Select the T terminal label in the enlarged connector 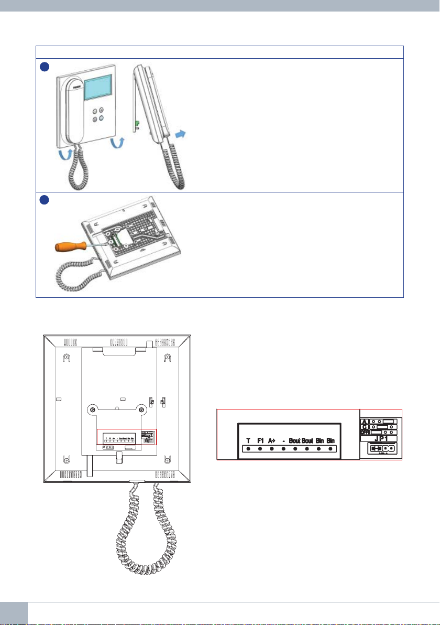click(248, 440)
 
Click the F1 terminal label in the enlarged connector click(260, 440)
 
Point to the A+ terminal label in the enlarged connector click(272, 440)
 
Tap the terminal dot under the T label click(248, 449)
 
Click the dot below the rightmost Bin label click(331, 449)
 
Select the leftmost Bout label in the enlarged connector click(294, 440)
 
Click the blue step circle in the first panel click(44, 67)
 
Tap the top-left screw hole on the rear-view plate click(67, 358)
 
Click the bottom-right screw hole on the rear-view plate click(167, 460)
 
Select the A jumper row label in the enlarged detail click(365, 421)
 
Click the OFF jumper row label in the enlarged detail click(365, 432)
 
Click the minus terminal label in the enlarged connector click(283, 440)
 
